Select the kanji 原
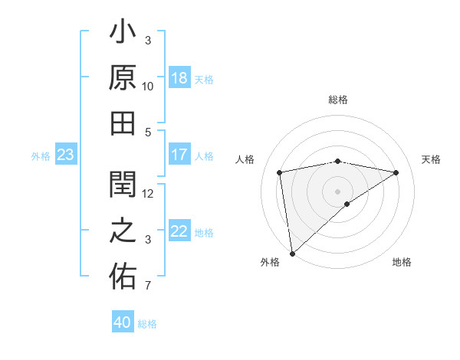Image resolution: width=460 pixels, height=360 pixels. coord(123,78)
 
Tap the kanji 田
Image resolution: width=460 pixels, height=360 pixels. coord(123,123)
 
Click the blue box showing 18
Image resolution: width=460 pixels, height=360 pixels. coord(179,78)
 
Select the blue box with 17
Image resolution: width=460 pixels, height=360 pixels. coord(179,155)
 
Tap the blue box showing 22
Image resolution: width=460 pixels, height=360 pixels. coord(179,232)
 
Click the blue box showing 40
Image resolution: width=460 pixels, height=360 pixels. coord(123,322)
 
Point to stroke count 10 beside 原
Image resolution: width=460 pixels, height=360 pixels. coord(148,87)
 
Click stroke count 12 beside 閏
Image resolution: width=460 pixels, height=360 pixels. coord(148,193)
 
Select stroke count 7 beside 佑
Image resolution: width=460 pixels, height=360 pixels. coord(148,286)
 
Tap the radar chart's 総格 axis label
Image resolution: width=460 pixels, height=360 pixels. coord(337,100)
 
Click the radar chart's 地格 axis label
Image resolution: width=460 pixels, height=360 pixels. coord(402,263)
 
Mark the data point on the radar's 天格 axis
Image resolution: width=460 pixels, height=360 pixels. coord(396,172)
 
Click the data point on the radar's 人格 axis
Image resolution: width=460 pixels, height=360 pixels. coord(280,172)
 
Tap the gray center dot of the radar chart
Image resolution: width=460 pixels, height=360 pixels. coord(337,190)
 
